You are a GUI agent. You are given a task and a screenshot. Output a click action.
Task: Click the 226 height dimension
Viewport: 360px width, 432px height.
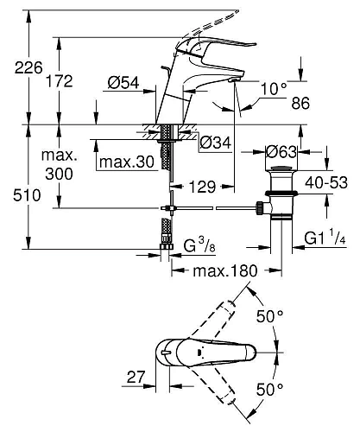pyautogui.click(x=28, y=67)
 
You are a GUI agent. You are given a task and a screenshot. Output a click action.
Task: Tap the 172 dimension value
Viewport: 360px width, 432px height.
pyautogui.click(x=60, y=81)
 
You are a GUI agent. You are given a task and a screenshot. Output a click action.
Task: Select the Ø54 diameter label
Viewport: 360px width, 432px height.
pyautogui.click(x=123, y=83)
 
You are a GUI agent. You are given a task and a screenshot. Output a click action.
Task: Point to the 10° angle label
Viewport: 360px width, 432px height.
pyautogui.click(x=274, y=88)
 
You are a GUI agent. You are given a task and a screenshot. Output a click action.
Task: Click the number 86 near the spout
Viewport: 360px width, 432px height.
pyautogui.click(x=300, y=103)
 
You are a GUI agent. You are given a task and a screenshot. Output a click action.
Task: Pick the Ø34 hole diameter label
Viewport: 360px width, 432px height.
pyautogui.click(x=216, y=143)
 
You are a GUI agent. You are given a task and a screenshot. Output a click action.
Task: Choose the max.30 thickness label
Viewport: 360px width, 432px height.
pyautogui.click(x=127, y=162)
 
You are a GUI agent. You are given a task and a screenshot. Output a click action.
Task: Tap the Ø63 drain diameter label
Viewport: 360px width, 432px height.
pyautogui.click(x=281, y=152)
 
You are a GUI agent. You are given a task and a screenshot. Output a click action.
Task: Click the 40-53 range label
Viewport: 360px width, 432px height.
pyautogui.click(x=326, y=182)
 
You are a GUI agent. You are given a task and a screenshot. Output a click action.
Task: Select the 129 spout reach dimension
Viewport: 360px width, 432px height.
pyautogui.click(x=202, y=187)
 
